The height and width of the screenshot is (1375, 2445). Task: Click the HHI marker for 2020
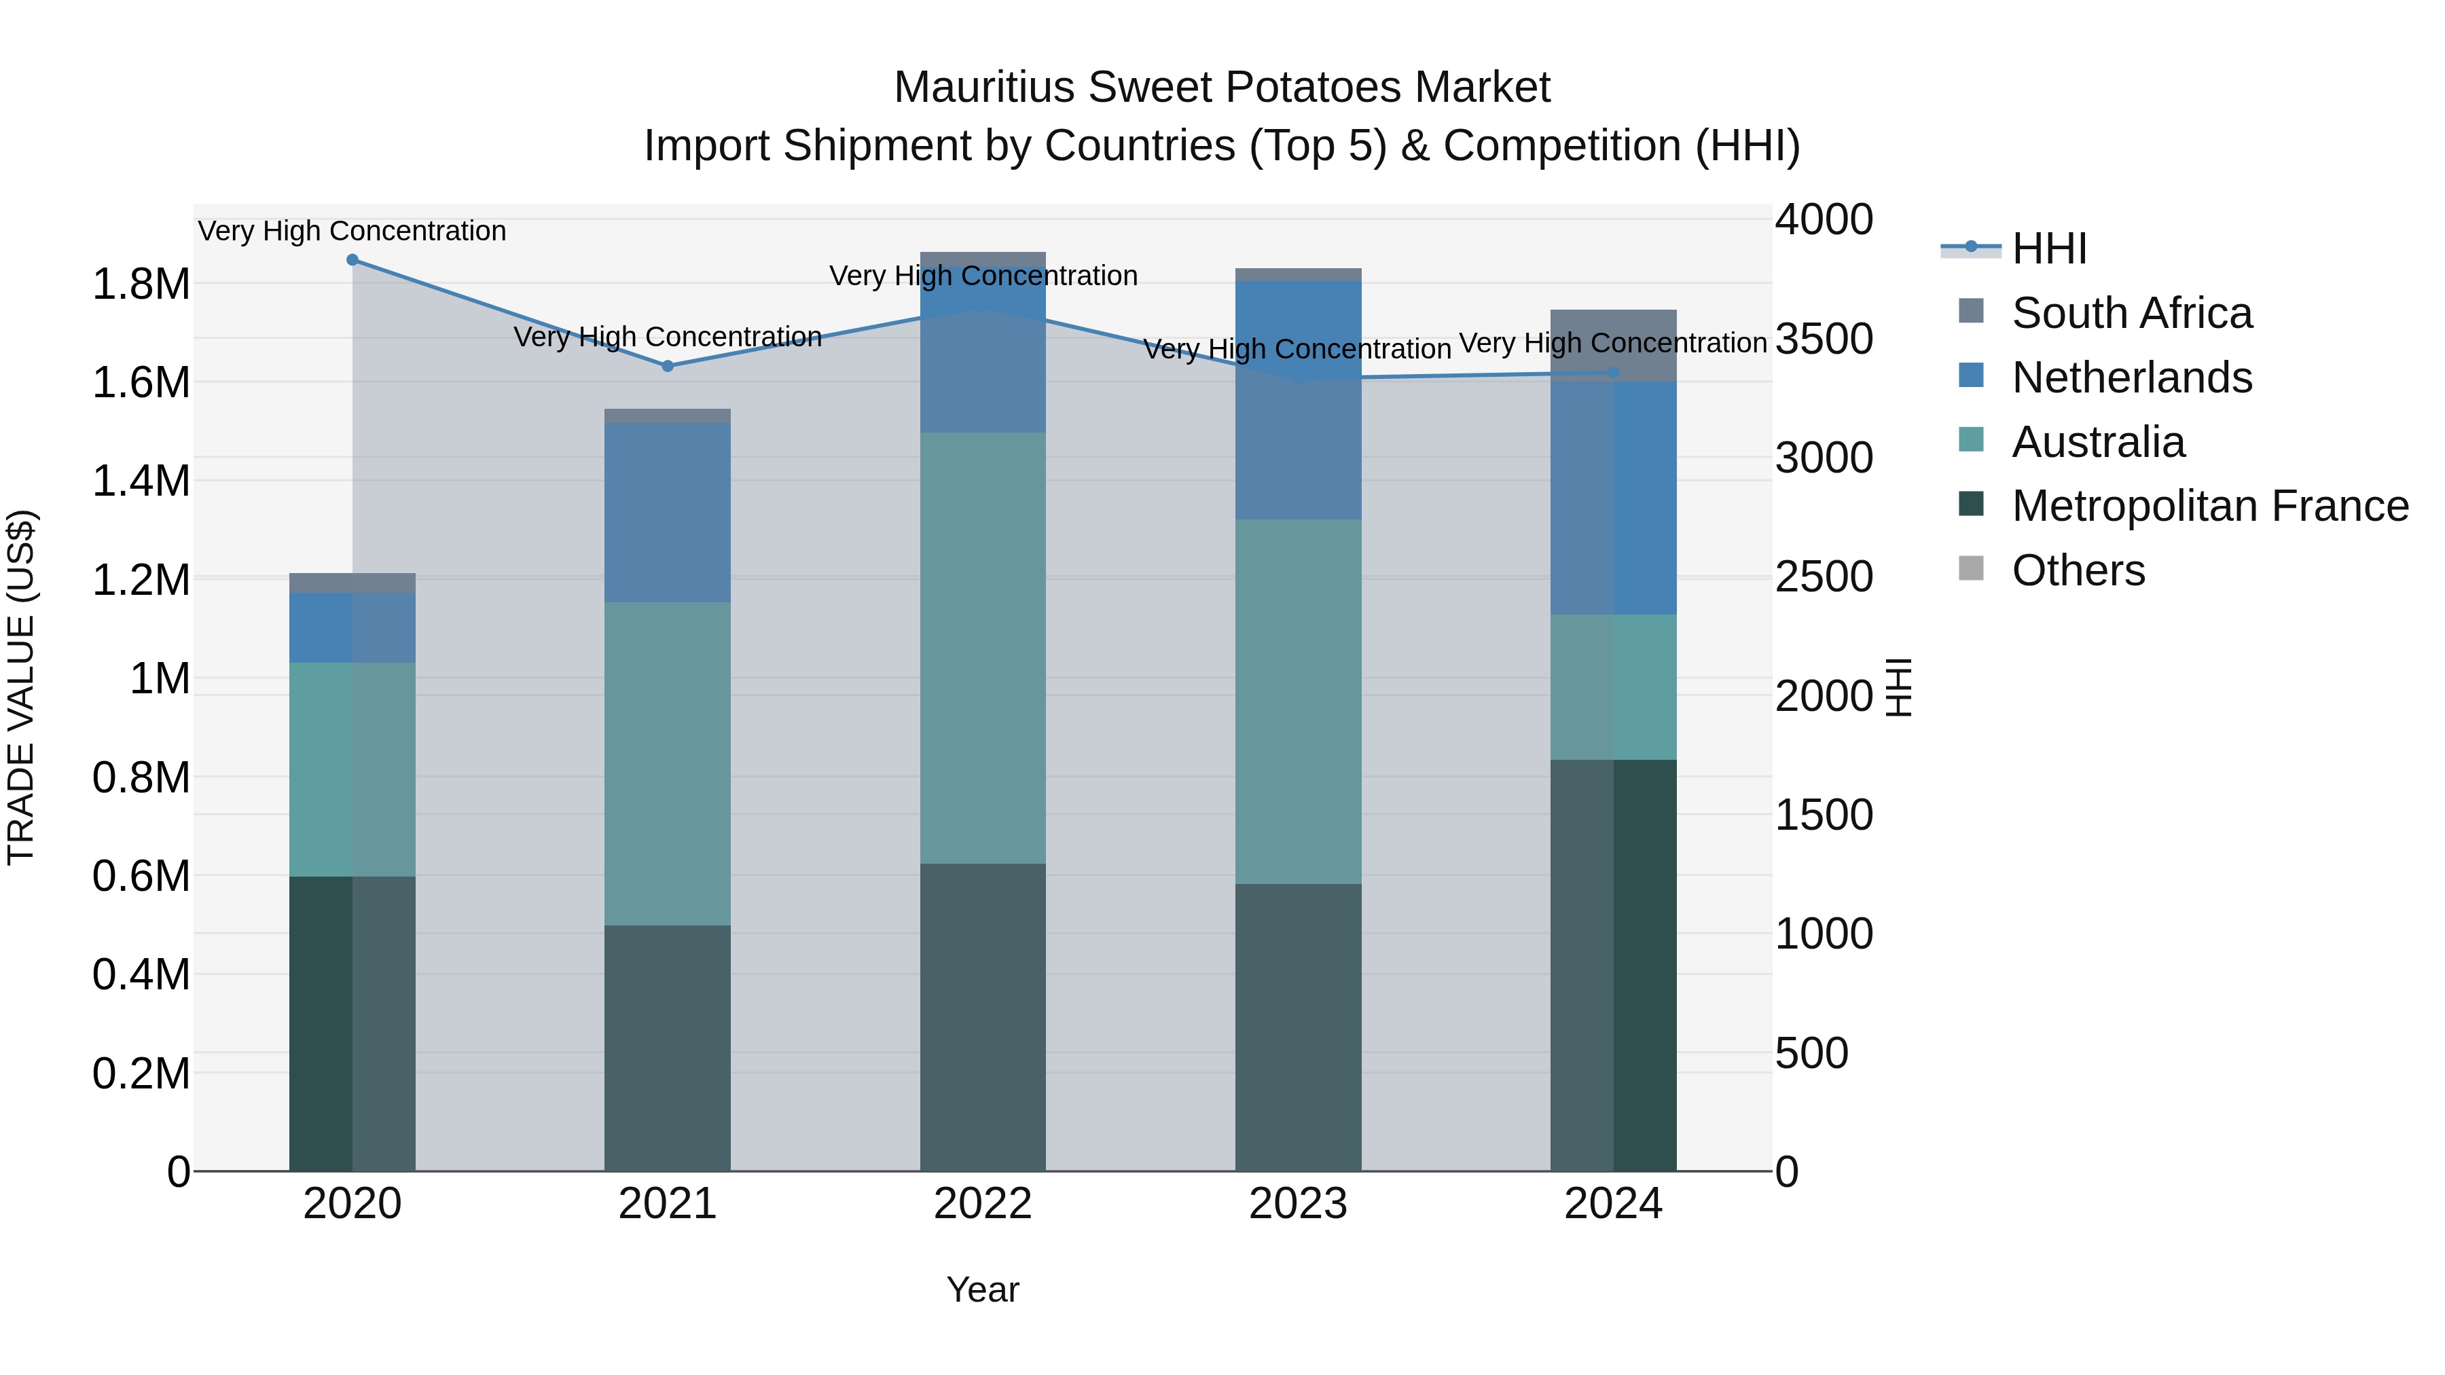(352, 260)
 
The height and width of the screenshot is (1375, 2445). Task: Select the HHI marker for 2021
(667, 366)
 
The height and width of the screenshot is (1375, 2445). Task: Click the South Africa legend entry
(2131, 313)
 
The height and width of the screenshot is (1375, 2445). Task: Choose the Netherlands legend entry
(2131, 378)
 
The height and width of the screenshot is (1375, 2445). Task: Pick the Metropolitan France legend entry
(2209, 506)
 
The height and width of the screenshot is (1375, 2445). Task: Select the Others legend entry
(2078, 570)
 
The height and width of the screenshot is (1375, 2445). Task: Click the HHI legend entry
(2048, 249)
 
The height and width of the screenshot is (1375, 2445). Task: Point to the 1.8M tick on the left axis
(141, 284)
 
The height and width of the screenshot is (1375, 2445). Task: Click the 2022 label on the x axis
(982, 1204)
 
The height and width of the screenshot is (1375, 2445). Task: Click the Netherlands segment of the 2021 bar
(667, 513)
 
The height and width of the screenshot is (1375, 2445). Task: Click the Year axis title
(982, 1289)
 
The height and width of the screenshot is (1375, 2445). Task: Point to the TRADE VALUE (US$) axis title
(21, 687)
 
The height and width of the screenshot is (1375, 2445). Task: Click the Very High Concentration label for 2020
(352, 232)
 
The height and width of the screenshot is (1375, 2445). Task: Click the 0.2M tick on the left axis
(141, 1074)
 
